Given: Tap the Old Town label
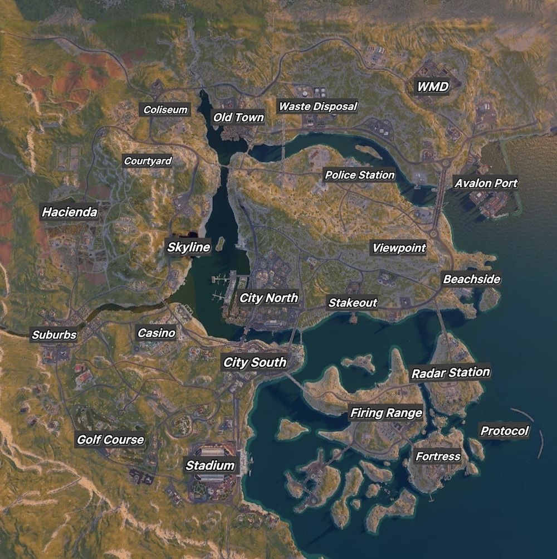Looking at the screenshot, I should coord(238,117).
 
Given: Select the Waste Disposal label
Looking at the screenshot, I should coord(318,106).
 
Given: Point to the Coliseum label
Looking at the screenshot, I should coord(165,110).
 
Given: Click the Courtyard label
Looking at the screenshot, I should coord(148,161).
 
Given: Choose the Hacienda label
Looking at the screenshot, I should coord(70,212).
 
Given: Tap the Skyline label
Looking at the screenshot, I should coord(189,247).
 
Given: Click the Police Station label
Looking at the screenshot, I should coord(360,175).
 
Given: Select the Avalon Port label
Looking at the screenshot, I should coord(486,183).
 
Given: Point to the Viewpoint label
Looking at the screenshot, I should coord(399,248).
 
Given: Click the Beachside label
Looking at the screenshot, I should coord(471,279).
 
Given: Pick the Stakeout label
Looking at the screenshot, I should coord(353,303).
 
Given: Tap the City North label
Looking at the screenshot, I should coord(268,298).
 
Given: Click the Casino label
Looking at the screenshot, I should coord(157,333).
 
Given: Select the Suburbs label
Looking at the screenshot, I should coord(54,335).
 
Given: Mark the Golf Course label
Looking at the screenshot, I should coord(110,440).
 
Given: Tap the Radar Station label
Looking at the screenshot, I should coord(451,372).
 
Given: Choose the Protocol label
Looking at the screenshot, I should coord(505,431).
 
